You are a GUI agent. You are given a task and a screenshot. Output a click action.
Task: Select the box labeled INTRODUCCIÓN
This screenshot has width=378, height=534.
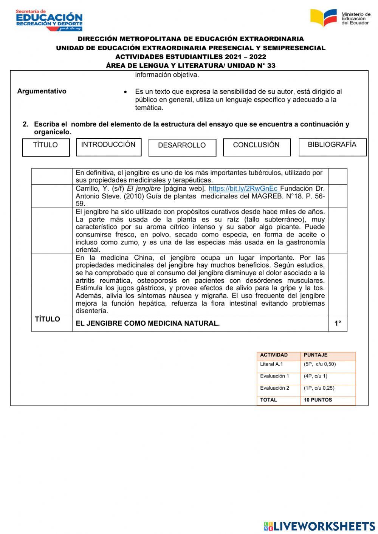(108, 147)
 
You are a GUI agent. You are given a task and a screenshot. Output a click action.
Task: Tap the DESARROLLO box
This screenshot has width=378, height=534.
(182, 148)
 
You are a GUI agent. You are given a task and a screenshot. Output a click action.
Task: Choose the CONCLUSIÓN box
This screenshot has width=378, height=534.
(257, 147)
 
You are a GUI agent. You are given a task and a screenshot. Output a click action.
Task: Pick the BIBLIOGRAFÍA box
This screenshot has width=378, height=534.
(332, 147)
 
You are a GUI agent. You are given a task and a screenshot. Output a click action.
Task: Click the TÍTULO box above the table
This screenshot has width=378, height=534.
(46, 147)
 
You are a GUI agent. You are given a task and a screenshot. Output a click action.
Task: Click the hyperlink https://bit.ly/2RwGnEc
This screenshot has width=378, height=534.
(243, 189)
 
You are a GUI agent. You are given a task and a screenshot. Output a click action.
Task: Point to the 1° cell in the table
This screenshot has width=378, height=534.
(338, 323)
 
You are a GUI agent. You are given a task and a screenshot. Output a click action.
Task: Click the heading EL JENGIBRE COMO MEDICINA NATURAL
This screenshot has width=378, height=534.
(147, 323)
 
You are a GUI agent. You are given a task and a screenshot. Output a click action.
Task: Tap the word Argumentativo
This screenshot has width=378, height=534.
(42, 91)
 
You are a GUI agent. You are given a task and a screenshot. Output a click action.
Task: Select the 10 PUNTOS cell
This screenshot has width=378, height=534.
(318, 400)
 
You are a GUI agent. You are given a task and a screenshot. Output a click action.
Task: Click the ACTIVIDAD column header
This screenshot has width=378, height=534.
(274, 355)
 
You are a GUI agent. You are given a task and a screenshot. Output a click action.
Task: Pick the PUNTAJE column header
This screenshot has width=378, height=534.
(316, 355)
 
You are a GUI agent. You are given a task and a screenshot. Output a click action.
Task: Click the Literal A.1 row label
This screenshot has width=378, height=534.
(271, 364)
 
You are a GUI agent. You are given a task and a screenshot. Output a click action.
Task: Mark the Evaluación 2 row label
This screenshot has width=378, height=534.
(274, 388)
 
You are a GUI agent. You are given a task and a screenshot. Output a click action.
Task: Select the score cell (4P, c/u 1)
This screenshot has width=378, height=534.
(316, 376)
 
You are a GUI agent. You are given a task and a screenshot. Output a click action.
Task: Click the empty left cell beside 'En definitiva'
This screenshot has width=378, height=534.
(52, 176)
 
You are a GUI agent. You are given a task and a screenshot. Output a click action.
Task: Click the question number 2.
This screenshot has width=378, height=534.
(25, 124)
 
